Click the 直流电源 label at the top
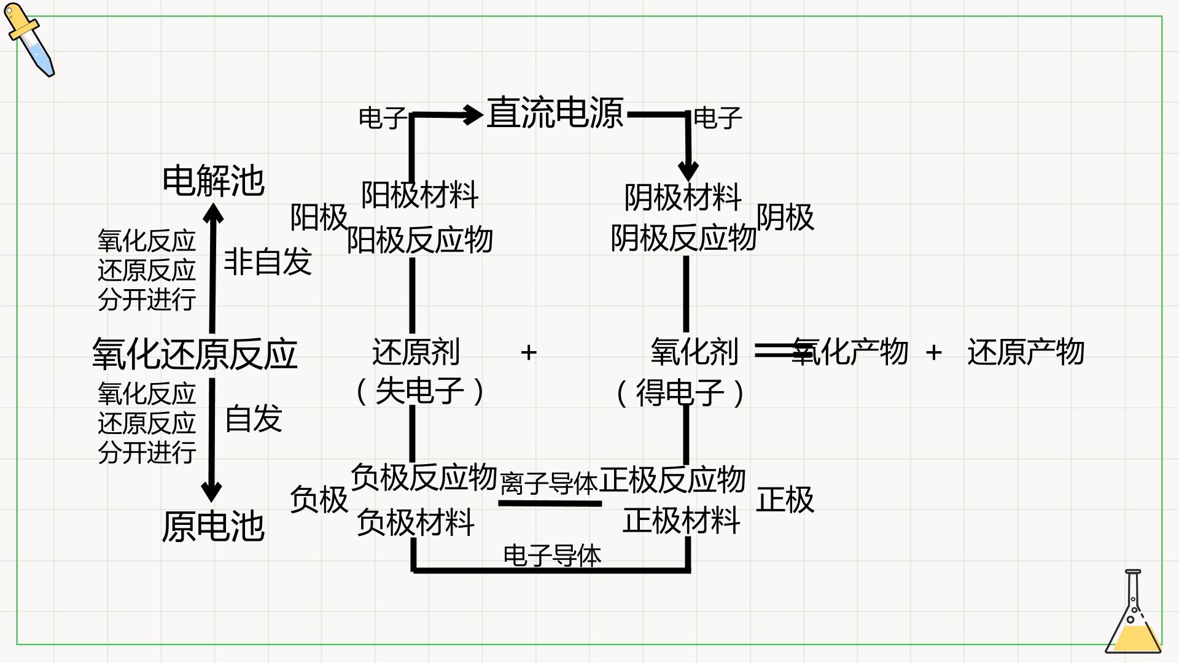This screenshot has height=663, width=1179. pyautogui.click(x=555, y=113)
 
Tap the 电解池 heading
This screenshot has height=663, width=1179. pyautogui.click(x=213, y=181)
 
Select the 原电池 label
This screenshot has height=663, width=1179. pyautogui.click(x=213, y=527)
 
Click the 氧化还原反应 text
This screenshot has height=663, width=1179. pyautogui.click(x=195, y=354)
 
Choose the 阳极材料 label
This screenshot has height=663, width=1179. pyautogui.click(x=420, y=195)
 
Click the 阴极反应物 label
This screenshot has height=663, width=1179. pyautogui.click(x=683, y=238)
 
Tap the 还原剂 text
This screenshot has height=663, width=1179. pyautogui.click(x=416, y=352)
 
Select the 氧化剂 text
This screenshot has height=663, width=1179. pyautogui.click(x=695, y=352)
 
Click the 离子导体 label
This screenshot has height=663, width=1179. pyautogui.click(x=549, y=484)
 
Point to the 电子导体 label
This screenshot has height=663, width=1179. pyautogui.click(x=552, y=556)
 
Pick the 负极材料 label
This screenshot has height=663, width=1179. pyautogui.click(x=416, y=522)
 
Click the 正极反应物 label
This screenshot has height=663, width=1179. pyautogui.click(x=672, y=479)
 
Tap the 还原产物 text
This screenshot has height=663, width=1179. pyautogui.click(x=1026, y=352)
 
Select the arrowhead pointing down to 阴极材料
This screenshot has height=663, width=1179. pyautogui.click(x=688, y=171)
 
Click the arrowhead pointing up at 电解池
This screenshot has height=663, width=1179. pyautogui.click(x=213, y=212)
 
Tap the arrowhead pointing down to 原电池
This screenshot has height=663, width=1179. pyautogui.click(x=211, y=492)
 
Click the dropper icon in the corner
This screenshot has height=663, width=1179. pyautogui.click(x=29, y=40)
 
